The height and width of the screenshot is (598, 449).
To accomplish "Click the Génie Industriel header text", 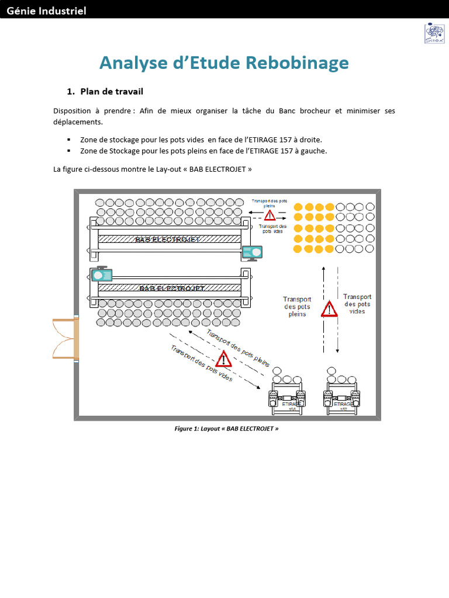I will pyautogui.click(x=47, y=11).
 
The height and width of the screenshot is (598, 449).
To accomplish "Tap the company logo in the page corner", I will pyautogui.click(x=433, y=33).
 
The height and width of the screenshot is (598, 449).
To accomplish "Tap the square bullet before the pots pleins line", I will pyautogui.click(x=68, y=151).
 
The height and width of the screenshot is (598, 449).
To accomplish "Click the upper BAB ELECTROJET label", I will pyautogui.click(x=168, y=239).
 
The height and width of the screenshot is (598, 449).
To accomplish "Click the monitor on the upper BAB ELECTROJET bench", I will pyautogui.click(x=252, y=252).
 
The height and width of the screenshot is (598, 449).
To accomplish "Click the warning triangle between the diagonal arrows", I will pyautogui.click(x=223, y=359).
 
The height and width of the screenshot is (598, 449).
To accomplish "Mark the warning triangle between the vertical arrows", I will pyautogui.click(x=329, y=308).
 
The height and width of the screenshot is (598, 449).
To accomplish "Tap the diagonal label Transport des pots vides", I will pyautogui.click(x=201, y=364).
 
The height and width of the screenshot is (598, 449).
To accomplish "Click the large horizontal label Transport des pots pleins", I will pyautogui.click(x=297, y=307).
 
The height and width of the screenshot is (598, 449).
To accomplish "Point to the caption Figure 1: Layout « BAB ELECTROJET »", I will pyautogui.click(x=227, y=428).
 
